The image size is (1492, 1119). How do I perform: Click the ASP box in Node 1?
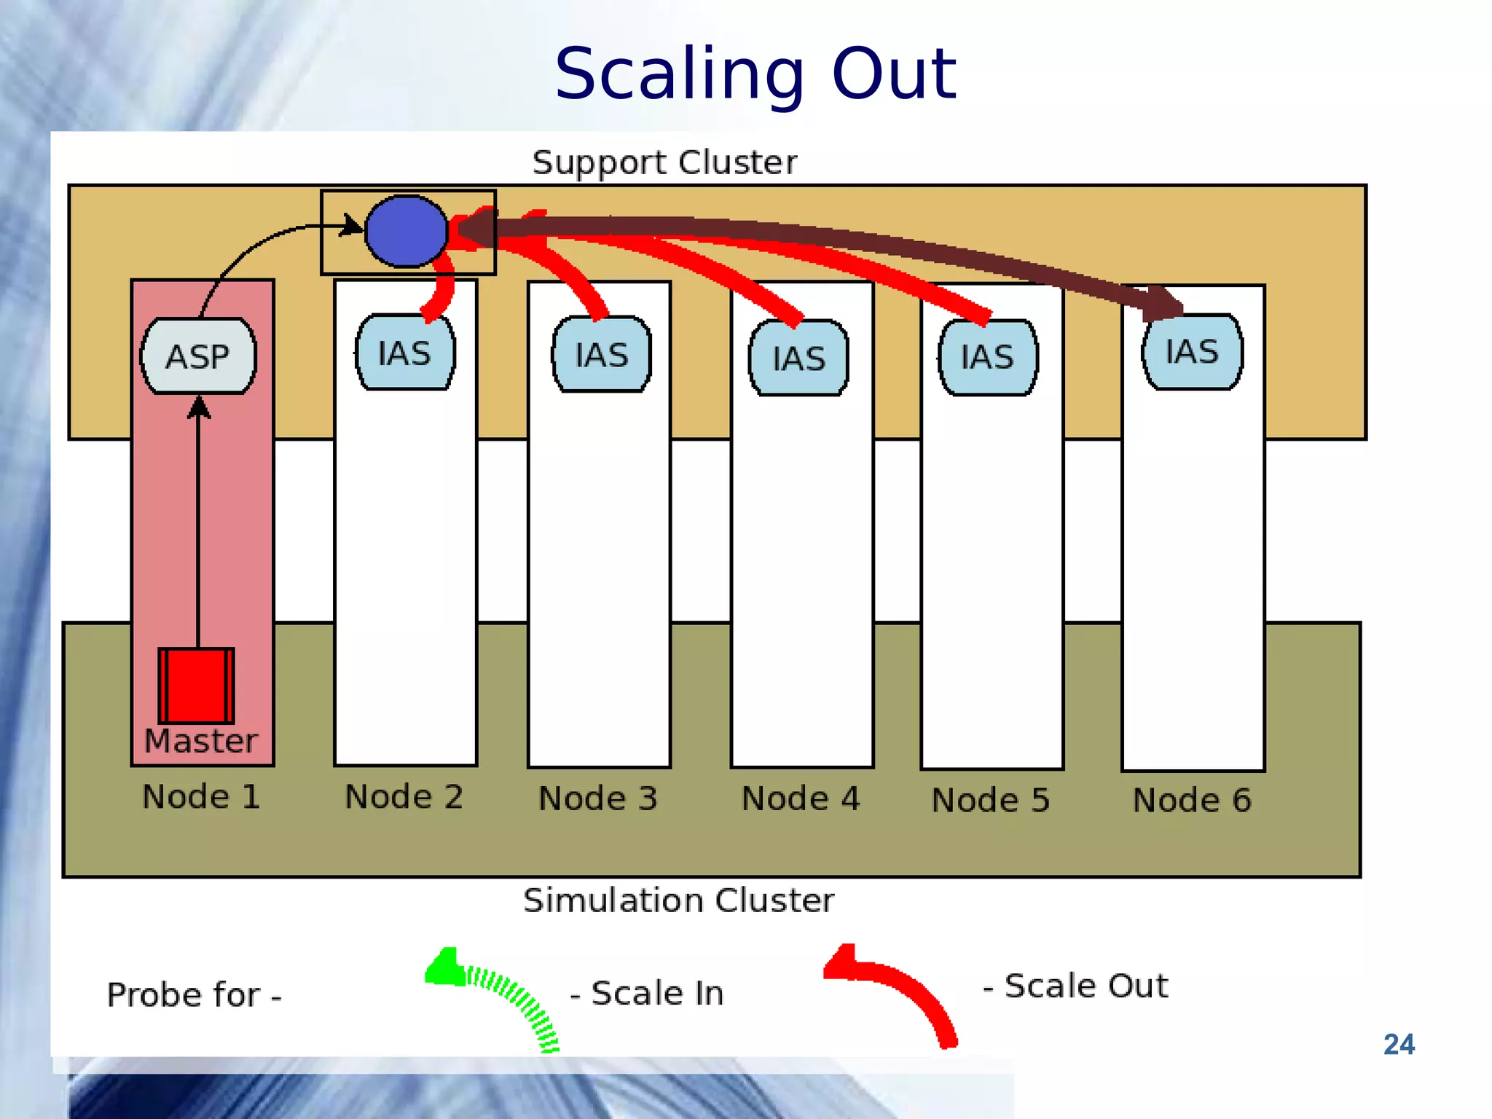tap(198, 356)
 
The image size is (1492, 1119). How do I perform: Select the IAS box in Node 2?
tap(405, 353)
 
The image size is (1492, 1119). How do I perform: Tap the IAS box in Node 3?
tap(602, 355)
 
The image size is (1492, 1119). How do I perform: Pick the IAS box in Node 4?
tap(799, 358)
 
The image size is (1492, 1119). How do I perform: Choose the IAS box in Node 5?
tap(988, 357)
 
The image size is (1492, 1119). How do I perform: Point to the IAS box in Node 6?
tap(1193, 352)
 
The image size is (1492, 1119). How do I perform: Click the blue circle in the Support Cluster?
tap(406, 231)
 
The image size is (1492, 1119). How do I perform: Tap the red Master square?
tap(197, 685)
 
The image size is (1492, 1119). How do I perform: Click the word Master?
tap(201, 741)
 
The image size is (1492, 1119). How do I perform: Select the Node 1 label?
tap(201, 796)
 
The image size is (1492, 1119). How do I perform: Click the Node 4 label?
tap(801, 798)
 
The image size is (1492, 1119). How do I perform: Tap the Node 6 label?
tap(1192, 800)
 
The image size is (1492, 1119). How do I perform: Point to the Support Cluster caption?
tap(664, 162)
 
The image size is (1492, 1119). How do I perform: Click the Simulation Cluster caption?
tap(678, 900)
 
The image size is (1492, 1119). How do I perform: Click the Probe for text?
tap(194, 994)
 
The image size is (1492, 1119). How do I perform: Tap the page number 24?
tap(1399, 1044)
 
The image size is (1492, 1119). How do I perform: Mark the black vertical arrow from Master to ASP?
tap(198, 525)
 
